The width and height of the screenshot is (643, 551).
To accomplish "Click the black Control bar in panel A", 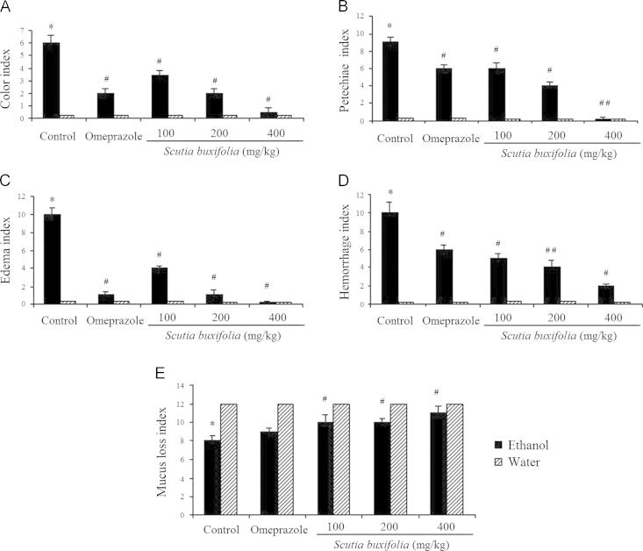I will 52,80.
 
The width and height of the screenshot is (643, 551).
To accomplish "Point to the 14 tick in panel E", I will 179,386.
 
